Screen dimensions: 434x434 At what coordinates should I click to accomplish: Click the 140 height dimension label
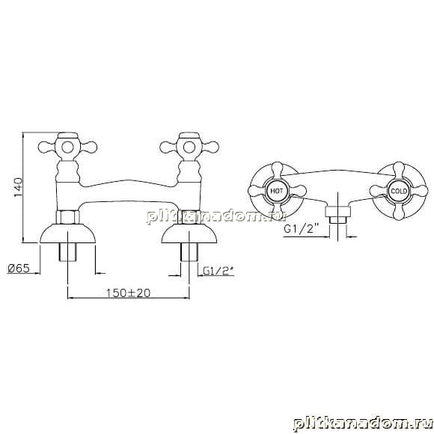tap(19, 187)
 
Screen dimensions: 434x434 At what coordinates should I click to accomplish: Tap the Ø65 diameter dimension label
tap(19, 268)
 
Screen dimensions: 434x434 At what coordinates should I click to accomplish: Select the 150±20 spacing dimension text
tap(129, 293)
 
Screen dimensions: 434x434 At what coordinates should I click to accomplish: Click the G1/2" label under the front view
tap(218, 271)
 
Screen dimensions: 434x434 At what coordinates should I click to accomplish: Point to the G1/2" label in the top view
tap(302, 229)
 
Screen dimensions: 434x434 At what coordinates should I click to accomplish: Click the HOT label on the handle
tap(277, 191)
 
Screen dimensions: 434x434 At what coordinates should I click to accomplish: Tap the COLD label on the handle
tap(399, 191)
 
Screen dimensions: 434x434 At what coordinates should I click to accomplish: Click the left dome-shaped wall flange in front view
tap(68, 233)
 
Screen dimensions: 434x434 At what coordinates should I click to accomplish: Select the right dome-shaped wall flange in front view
tap(189, 233)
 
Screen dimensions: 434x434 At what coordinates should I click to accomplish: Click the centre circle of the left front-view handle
tap(68, 147)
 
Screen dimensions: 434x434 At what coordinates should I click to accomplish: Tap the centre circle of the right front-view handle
tap(189, 147)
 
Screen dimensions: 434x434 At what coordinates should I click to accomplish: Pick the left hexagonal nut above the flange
tap(68, 217)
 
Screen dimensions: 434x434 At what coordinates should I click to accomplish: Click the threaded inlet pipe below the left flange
tap(68, 252)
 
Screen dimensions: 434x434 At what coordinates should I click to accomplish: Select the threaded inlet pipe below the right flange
tap(189, 252)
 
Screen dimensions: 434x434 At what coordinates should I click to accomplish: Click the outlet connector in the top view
tap(337, 215)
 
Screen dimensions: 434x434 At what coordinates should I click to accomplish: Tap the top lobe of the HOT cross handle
tap(277, 170)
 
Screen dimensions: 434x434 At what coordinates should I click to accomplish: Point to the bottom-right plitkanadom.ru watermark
tap(363, 424)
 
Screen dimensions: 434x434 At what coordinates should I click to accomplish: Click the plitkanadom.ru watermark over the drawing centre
tap(216, 216)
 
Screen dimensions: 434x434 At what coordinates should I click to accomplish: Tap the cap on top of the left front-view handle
tap(68, 136)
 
